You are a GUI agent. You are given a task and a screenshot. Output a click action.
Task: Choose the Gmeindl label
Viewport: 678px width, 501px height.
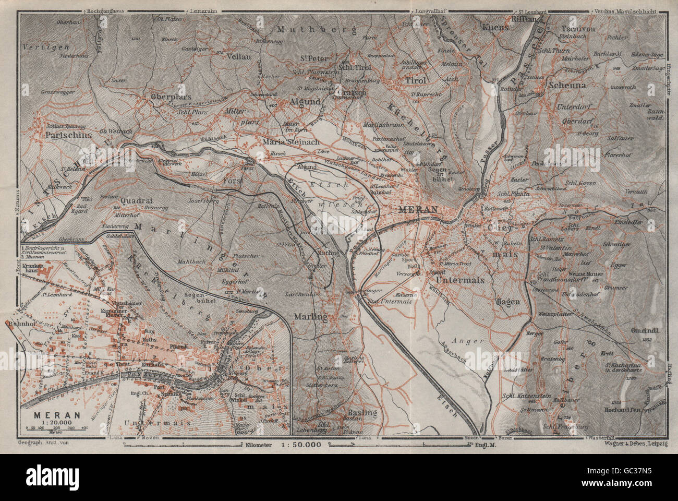pyautogui.click(x=646, y=330)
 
